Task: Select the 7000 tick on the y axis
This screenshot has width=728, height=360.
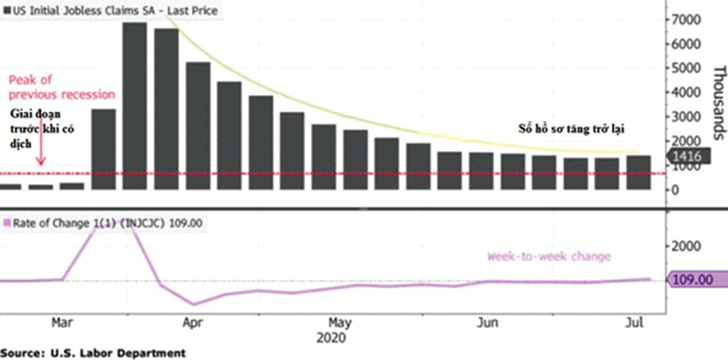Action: click(x=686, y=21)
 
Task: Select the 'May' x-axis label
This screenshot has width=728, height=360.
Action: click(x=340, y=323)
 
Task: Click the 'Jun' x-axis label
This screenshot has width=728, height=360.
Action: click(x=488, y=323)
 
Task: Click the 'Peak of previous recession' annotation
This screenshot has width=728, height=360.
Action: click(x=61, y=87)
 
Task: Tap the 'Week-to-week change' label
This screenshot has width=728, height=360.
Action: click(x=548, y=256)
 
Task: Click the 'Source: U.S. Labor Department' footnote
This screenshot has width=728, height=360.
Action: click(x=92, y=352)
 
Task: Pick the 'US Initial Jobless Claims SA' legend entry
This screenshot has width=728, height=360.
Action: click(x=109, y=10)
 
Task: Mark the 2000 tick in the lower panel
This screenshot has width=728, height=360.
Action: click(x=687, y=246)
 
